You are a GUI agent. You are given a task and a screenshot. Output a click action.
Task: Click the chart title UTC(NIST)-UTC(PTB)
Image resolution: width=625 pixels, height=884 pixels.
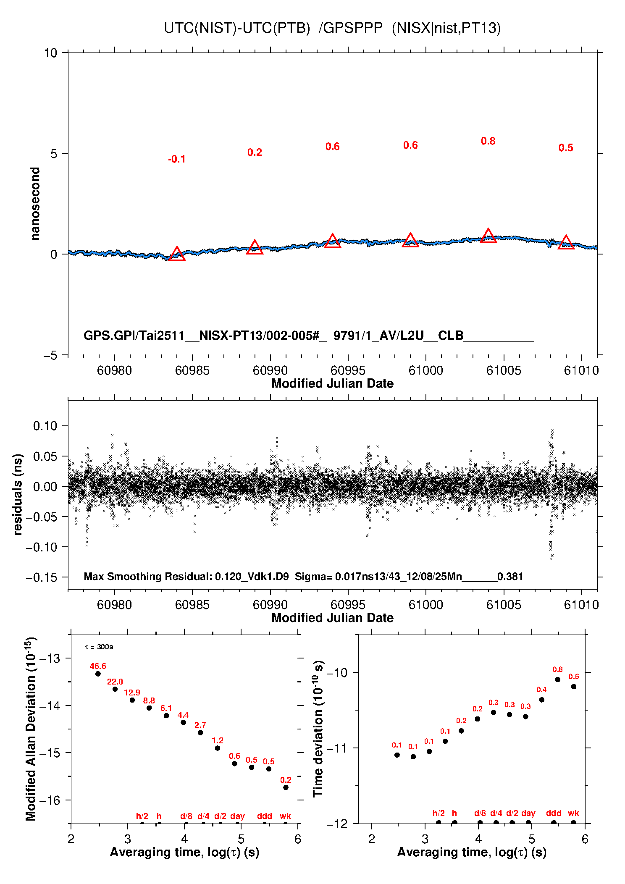(237, 28)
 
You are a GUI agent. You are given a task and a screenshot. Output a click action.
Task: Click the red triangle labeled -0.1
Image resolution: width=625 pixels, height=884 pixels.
(177, 254)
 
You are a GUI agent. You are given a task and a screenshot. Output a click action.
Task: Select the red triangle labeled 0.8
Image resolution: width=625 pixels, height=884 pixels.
(488, 236)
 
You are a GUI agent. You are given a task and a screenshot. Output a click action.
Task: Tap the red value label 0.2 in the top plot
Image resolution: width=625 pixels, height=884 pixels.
(255, 152)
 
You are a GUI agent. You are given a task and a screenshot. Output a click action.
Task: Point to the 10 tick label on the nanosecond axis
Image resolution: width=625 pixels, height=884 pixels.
(50, 53)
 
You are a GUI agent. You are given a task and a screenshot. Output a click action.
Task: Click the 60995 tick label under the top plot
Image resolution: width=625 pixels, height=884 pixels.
(348, 370)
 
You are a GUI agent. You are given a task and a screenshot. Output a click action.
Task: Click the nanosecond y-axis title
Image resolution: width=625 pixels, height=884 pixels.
(35, 204)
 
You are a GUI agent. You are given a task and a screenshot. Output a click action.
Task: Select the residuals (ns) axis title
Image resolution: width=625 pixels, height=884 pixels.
(18, 494)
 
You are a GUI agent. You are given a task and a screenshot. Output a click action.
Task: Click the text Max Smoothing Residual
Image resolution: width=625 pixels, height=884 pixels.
(147, 576)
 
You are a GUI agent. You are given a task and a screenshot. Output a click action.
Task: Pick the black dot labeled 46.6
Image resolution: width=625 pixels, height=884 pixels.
(98, 674)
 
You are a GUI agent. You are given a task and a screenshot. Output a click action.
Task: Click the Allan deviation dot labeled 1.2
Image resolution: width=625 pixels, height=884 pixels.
(218, 748)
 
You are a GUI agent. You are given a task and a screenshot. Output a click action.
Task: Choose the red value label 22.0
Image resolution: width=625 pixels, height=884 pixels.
(115, 682)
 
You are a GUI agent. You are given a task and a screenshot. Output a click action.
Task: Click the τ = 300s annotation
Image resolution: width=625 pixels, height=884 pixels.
(99, 647)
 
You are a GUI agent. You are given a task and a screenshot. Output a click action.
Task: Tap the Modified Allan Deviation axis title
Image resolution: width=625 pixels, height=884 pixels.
(30, 729)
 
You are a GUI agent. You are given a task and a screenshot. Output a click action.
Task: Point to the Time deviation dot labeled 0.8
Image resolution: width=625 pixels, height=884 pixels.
(558, 679)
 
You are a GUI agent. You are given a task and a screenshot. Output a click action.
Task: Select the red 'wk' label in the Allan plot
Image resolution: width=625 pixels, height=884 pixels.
(285, 816)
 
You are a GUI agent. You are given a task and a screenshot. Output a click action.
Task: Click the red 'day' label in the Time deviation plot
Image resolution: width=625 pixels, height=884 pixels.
(528, 813)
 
